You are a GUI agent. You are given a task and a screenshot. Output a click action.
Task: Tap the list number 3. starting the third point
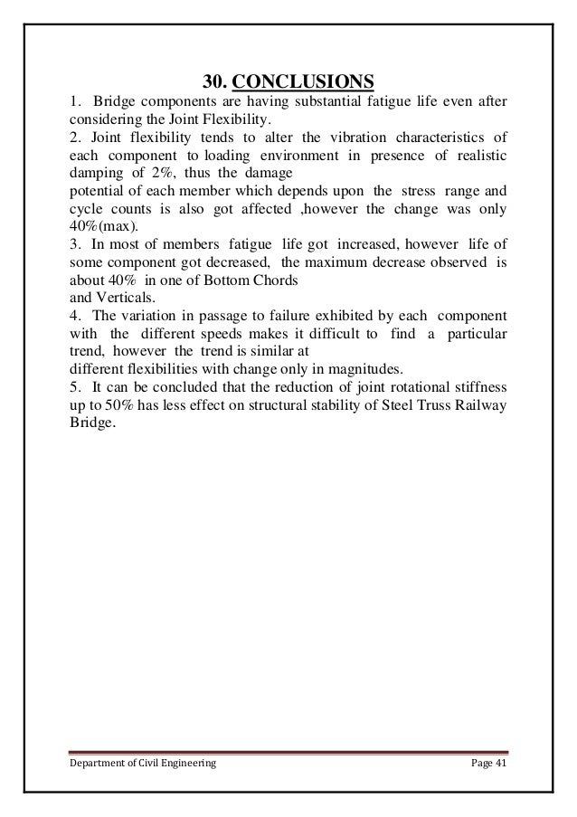[x=74, y=243]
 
